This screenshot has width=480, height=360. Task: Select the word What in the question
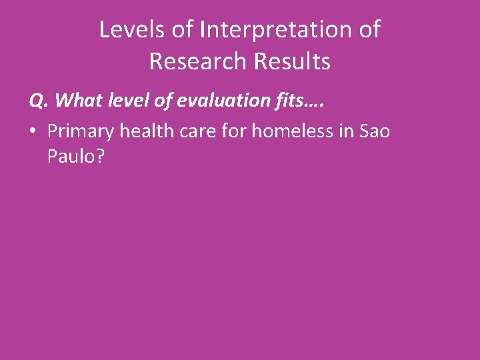(75, 100)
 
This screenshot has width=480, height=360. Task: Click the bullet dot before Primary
(33, 131)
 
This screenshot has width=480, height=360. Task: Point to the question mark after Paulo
(99, 159)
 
